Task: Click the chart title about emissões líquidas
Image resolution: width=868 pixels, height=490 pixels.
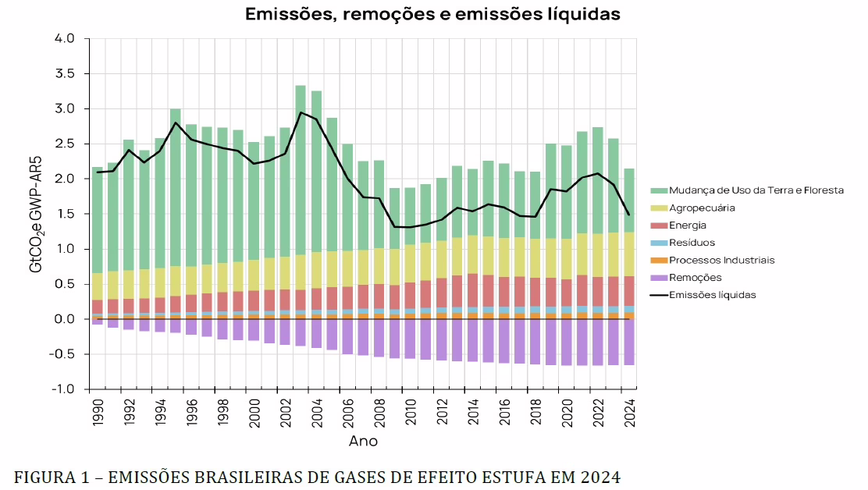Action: click(x=432, y=14)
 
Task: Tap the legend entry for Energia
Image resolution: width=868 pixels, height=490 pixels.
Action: click(x=688, y=225)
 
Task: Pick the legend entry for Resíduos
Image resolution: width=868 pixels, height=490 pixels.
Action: click(x=692, y=243)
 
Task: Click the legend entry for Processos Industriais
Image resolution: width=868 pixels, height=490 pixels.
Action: click(x=721, y=260)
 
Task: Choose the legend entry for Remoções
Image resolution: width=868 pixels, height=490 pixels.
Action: click(x=695, y=277)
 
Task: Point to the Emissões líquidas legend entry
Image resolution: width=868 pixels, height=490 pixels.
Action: click(x=712, y=295)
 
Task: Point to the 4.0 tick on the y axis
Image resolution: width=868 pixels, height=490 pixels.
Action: click(x=65, y=39)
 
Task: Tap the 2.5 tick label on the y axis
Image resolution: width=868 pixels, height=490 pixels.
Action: click(x=65, y=144)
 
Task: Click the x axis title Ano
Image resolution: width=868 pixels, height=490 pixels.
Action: click(x=363, y=442)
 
